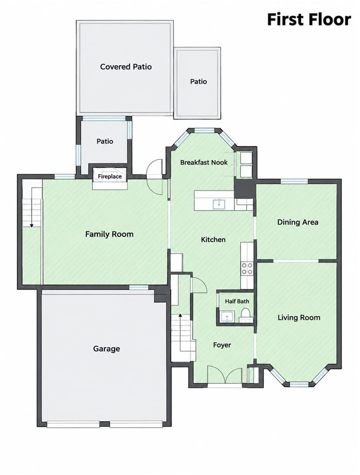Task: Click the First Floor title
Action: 309,20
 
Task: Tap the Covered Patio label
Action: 126,67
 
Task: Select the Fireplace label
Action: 110,176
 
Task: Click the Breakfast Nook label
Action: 204,162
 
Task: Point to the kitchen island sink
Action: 219,204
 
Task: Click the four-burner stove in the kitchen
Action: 247,268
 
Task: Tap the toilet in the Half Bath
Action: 246,316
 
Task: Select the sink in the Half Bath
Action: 228,317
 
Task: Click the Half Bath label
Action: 237,301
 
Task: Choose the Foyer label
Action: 222,345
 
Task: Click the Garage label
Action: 107,349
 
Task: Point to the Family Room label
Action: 109,234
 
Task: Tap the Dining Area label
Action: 298,223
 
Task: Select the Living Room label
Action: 299,317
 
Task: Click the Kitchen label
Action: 213,240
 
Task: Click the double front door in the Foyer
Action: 225,376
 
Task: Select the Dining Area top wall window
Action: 294,182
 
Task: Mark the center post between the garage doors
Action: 105,424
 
